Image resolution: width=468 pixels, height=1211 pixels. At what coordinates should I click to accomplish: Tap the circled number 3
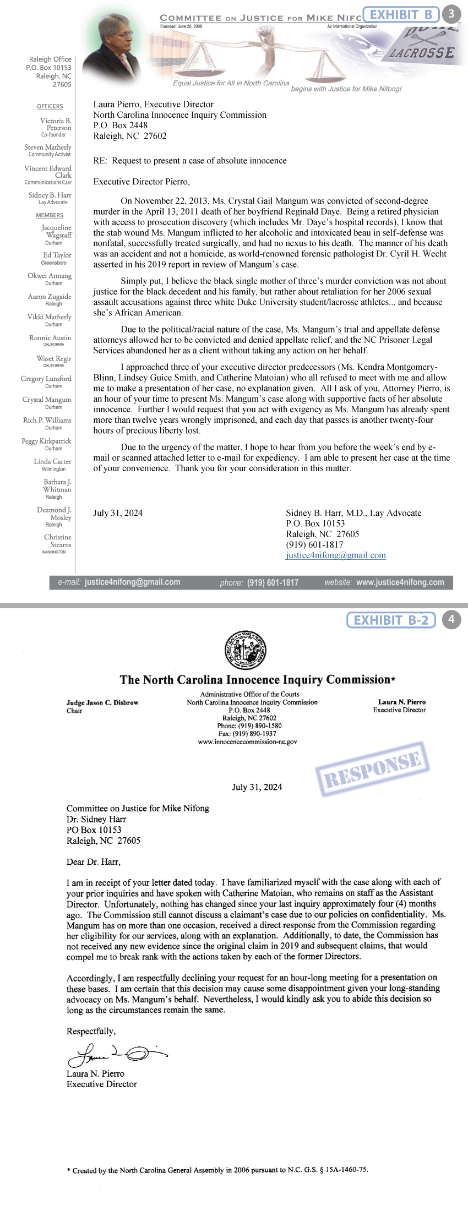point(451,14)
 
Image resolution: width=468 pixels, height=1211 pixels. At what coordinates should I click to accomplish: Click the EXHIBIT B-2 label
point(390,620)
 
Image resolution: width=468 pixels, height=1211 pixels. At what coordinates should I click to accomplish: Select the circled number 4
point(451,619)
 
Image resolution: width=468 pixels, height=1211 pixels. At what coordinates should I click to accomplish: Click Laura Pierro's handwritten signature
point(116,1054)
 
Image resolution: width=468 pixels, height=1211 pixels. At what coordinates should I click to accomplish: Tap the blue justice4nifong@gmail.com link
point(336,555)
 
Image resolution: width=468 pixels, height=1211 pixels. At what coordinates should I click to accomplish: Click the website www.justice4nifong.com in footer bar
point(400,582)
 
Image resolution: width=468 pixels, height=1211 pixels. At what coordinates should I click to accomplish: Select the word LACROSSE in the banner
point(422,53)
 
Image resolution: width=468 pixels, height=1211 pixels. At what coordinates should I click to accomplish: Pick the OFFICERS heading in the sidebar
point(50,106)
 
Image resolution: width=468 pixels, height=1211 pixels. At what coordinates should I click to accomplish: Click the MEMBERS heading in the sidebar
point(50,215)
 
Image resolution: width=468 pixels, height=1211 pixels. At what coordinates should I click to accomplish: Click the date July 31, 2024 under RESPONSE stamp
point(257,787)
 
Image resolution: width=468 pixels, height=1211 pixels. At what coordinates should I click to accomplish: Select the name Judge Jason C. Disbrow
point(102,703)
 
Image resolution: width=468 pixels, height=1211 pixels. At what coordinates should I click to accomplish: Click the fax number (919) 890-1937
point(247,734)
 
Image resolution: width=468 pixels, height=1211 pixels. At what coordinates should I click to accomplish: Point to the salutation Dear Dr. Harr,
point(94,861)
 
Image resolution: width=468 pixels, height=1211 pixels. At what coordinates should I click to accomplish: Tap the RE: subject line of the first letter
point(190,161)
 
